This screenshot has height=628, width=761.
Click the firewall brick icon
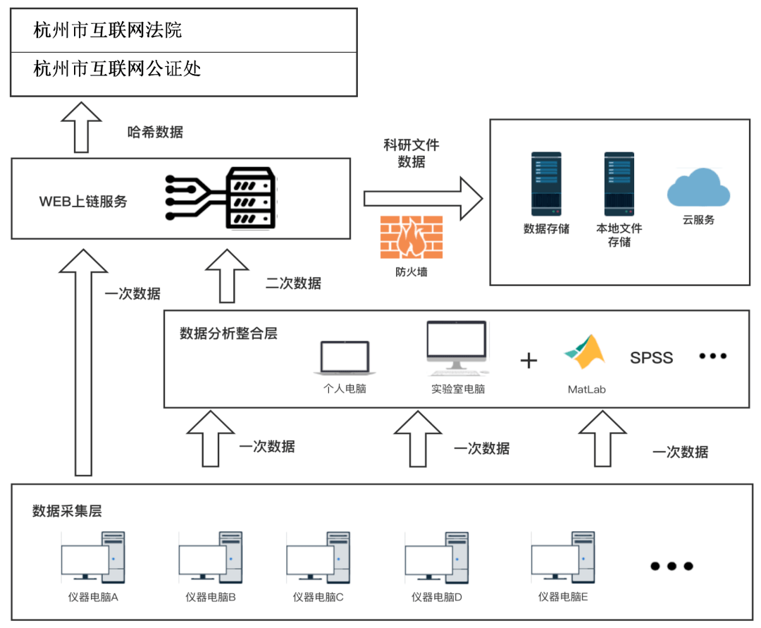(411, 238)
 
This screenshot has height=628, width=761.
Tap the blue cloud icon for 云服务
(698, 187)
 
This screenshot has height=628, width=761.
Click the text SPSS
(651, 358)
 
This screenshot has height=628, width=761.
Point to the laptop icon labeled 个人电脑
(345, 358)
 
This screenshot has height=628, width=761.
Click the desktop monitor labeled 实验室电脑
(457, 347)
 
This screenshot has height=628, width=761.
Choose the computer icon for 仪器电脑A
(93, 558)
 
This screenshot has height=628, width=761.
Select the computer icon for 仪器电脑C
(318, 558)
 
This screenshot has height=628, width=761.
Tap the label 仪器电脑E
(563, 597)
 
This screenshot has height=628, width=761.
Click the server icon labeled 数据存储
(546, 183)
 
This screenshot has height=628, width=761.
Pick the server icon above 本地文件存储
(619, 183)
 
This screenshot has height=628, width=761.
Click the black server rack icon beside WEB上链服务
(249, 198)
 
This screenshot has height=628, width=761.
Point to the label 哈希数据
(155, 132)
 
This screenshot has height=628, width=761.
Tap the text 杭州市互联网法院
(108, 30)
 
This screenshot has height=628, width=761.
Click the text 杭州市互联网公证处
(117, 68)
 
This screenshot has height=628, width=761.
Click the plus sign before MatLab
(528, 360)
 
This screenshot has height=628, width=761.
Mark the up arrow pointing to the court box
(82, 126)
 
